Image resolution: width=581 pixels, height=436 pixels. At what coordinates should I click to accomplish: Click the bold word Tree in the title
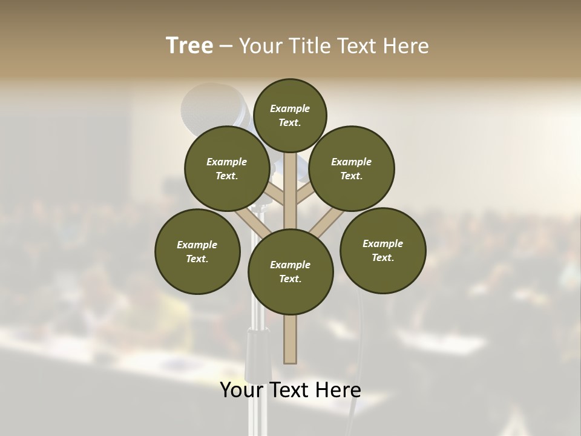click(x=189, y=46)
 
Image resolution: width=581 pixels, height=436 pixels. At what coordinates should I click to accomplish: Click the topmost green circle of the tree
click(x=290, y=115)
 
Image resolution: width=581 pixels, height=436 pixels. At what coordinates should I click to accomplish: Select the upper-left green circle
click(x=226, y=168)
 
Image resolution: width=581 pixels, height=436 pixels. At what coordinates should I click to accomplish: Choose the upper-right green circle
click(x=352, y=168)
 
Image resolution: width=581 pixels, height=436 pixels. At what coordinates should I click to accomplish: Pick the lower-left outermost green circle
click(x=197, y=251)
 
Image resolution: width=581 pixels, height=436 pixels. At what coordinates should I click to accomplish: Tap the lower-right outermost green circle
click(x=383, y=250)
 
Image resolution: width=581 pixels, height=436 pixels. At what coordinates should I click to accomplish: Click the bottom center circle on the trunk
click(x=290, y=272)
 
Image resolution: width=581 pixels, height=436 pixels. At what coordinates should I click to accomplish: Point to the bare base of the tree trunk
click(x=290, y=339)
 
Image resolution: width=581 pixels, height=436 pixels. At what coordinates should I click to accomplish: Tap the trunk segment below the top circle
click(x=290, y=182)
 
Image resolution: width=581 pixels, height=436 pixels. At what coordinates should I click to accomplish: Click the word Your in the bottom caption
click(x=242, y=390)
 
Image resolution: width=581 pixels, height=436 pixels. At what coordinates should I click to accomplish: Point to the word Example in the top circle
click(x=290, y=109)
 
